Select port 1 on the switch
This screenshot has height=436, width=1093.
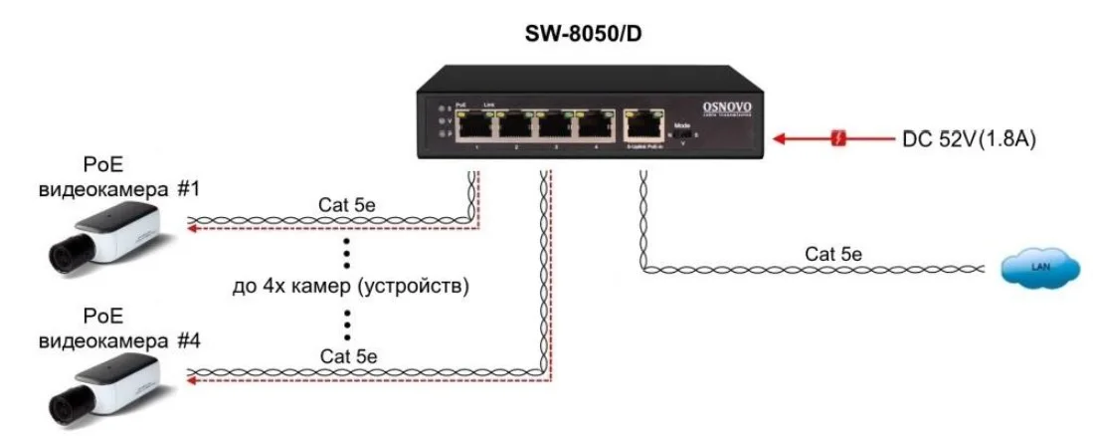point(477,125)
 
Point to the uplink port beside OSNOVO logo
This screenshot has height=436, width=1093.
point(643,124)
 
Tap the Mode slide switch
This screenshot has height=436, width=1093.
point(682,137)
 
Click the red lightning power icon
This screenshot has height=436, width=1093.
point(839,139)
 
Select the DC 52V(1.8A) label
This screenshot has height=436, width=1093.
point(969,139)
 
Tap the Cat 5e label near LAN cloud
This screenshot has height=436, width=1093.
point(833,253)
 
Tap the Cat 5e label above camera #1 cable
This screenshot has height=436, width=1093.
point(348,207)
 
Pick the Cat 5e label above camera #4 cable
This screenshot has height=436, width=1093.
point(348,355)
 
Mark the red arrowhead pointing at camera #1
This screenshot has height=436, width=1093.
point(192,228)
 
